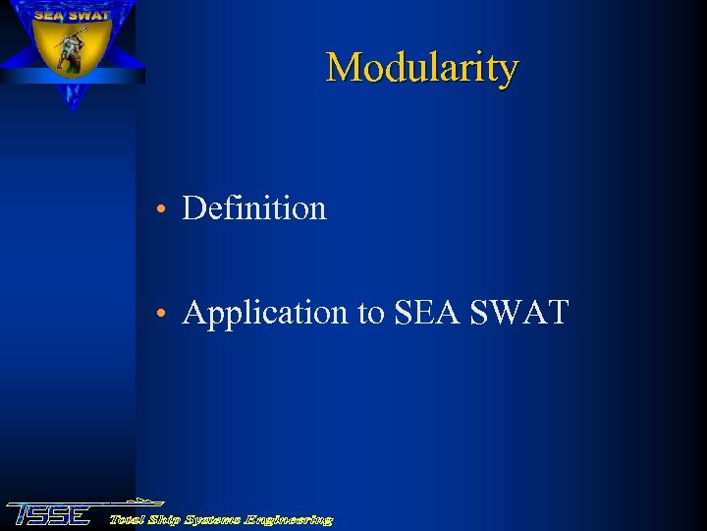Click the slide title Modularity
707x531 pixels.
[421, 68]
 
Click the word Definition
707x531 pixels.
[254, 208]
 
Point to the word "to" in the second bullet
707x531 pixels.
[370, 313]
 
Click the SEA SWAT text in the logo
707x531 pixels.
[71, 15]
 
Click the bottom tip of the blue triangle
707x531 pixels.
[72, 108]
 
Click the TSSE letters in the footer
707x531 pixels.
[49, 514]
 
